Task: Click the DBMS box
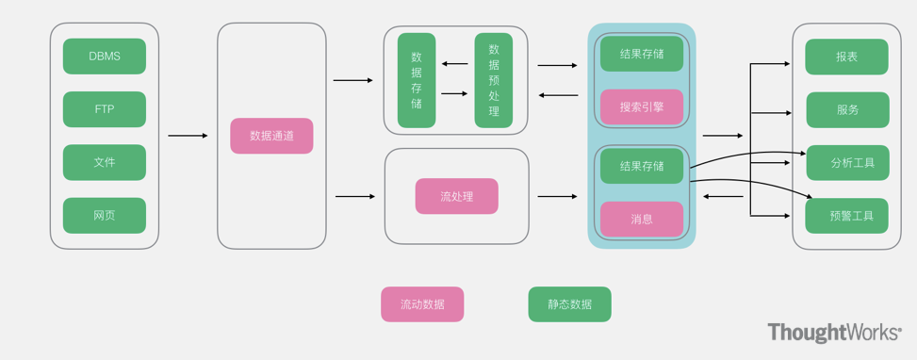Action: point(105,57)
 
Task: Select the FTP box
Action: point(105,109)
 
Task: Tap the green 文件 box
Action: point(105,162)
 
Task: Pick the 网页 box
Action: point(105,216)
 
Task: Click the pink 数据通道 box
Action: point(271,136)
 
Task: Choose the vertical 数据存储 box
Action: point(417,81)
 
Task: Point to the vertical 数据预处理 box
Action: point(494,81)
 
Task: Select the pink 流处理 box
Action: point(456,197)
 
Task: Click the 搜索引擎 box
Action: point(642,107)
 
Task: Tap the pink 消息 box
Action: point(642,219)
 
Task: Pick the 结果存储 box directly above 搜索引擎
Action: point(642,54)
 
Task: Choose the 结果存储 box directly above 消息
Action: point(642,166)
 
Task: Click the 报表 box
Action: point(847,57)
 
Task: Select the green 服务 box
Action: point(847,109)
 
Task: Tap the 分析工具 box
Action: point(847,162)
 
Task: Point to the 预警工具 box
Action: point(847,216)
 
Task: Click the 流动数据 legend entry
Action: point(422,304)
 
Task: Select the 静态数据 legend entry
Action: point(569,304)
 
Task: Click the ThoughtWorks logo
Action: point(834,333)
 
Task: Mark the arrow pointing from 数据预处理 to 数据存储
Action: point(455,64)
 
